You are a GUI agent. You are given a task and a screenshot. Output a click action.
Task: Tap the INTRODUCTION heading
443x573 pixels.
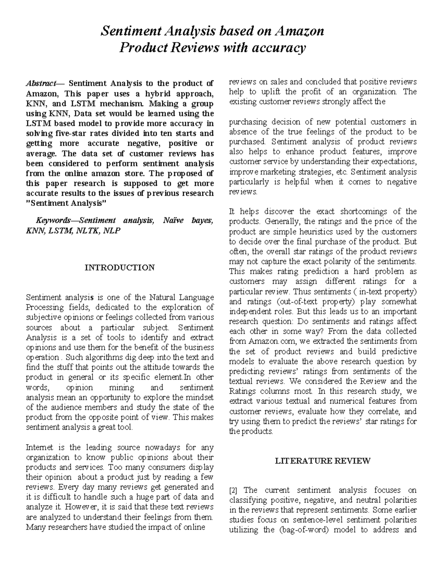point(120,267)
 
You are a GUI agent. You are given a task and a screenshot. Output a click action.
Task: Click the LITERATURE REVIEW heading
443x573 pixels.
point(323,460)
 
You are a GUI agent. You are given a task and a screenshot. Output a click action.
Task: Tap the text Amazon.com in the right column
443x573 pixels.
point(271,341)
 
